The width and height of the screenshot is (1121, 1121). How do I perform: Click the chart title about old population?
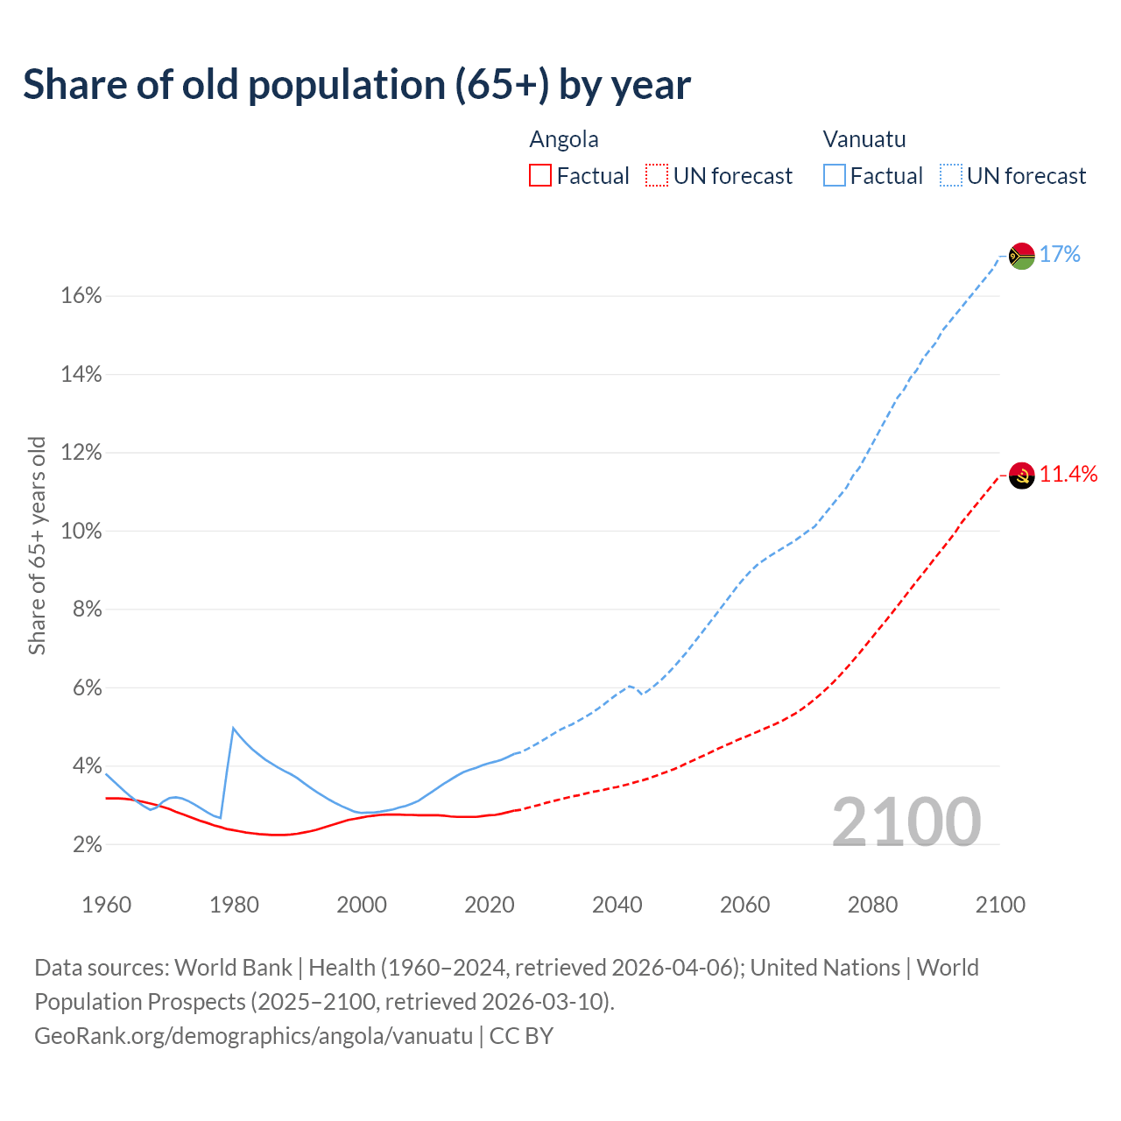[x=356, y=85]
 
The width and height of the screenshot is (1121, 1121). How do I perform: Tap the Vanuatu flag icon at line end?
[x=1022, y=256]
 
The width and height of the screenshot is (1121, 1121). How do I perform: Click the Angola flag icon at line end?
[x=1022, y=476]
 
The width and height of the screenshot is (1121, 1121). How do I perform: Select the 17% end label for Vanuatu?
[x=1060, y=255]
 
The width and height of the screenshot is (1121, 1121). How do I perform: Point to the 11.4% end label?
[x=1068, y=475]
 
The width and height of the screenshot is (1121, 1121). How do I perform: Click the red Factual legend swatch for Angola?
[x=540, y=176]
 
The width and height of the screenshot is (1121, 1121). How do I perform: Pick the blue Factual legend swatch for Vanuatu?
[x=834, y=176]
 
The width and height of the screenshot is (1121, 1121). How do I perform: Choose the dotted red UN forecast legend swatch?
[x=657, y=176]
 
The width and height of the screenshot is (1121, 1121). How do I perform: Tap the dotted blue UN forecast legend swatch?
[x=950, y=176]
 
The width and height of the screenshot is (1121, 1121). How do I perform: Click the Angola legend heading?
[x=564, y=139]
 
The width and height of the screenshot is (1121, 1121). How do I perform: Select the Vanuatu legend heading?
[x=864, y=139]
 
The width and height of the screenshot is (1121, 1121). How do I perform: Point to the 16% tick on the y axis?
[x=81, y=296]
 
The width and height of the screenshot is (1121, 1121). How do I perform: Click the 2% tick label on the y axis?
[x=87, y=845]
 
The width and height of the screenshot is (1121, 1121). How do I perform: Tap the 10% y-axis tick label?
[x=81, y=532]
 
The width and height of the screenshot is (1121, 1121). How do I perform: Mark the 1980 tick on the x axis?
[x=234, y=905]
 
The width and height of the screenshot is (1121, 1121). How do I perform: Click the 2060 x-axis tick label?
[x=744, y=905]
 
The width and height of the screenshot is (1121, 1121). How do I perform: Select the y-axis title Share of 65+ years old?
[x=37, y=546]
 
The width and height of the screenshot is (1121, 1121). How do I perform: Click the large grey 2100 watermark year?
[x=906, y=822]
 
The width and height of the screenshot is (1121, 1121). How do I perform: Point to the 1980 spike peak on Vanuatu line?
[x=233, y=728]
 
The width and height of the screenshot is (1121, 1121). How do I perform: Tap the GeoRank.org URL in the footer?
[x=253, y=1036]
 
